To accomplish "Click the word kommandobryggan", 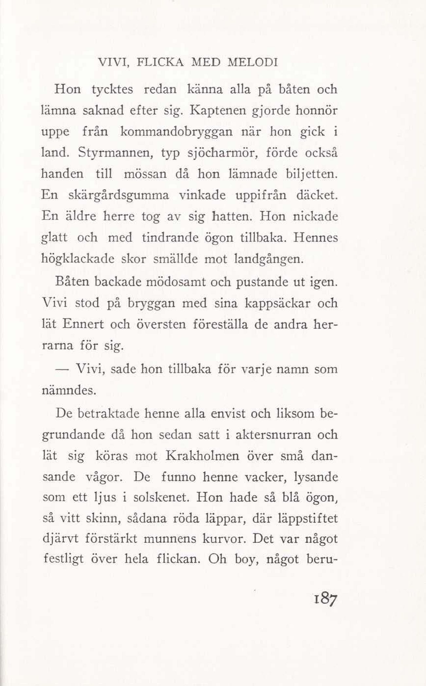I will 177,132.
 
